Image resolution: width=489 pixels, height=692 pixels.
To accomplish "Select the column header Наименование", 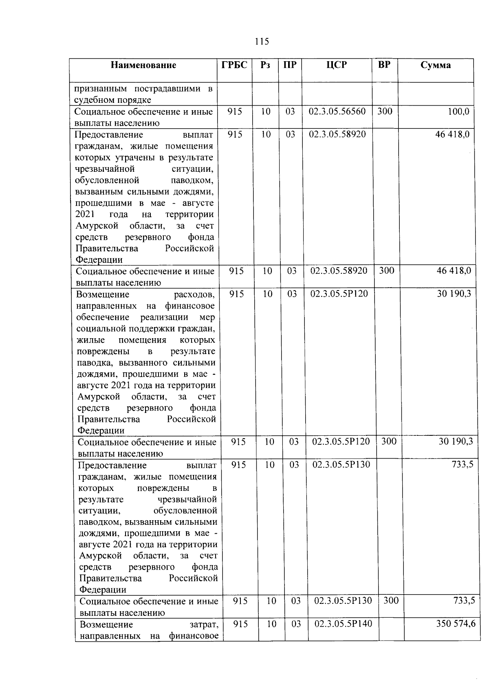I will pos(143,65).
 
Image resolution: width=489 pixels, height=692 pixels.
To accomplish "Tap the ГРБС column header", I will pos(234,65).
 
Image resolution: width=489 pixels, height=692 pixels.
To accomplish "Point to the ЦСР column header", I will pos(337,65).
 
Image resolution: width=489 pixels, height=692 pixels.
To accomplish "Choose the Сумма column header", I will pos(436,65).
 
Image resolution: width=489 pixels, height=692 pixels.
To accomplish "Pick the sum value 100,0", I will pos(458,111).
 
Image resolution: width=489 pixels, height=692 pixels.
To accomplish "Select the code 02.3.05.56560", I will pos(337,111).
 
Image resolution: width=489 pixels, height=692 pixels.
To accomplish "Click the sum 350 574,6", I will pos(456,623).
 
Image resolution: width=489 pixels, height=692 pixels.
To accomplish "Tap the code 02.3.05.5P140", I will pos(343,623).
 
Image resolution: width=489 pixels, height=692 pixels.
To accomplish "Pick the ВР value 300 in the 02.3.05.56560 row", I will pos(384,111).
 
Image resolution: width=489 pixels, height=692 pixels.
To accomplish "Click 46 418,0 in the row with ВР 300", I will pos(454,271).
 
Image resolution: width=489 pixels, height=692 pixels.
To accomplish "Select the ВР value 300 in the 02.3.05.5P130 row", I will pos(391,601).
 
